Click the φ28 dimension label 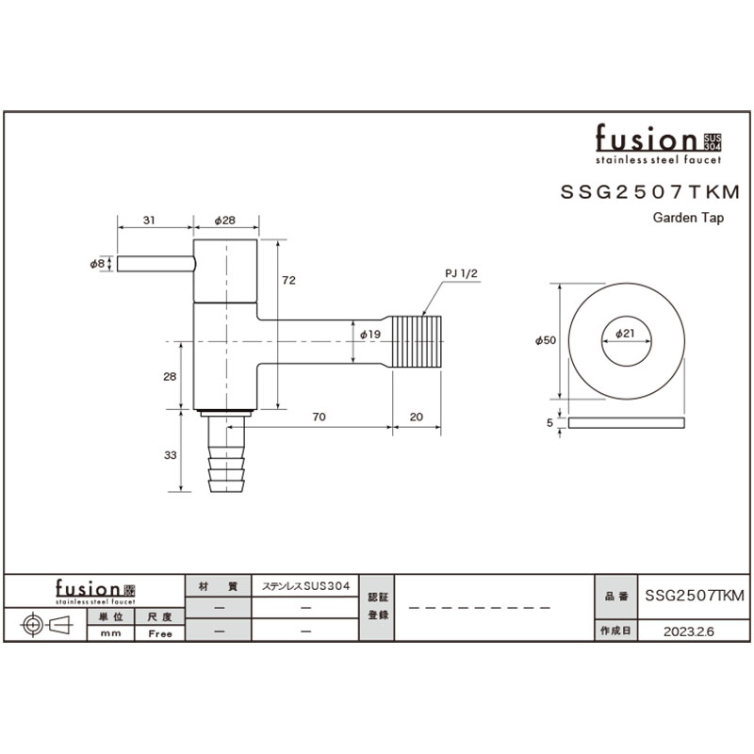click(224, 221)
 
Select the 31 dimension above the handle click(149, 221)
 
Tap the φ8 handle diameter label click(97, 264)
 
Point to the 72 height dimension click(288, 280)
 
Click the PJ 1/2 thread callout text click(461, 273)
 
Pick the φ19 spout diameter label click(370, 335)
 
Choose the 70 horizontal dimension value click(319, 417)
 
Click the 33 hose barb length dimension click(171, 455)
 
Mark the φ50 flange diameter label click(546, 340)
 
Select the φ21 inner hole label click(625, 333)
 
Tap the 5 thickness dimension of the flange click(549, 422)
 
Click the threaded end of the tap click(417, 341)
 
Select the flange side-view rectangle click(626, 422)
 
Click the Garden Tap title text click(688, 218)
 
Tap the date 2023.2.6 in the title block click(689, 631)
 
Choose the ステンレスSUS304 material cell click(305, 586)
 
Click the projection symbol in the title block click(45, 625)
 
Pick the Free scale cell click(160, 633)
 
